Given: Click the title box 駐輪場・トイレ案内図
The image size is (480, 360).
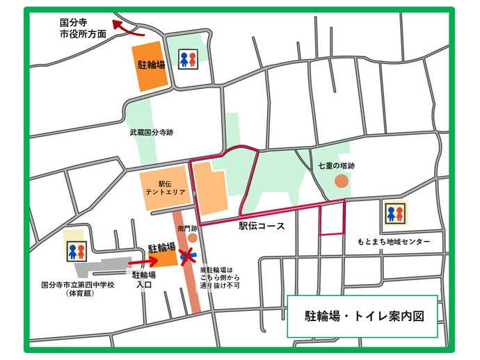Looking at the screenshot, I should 362,316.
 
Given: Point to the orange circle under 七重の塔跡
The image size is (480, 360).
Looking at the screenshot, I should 341,181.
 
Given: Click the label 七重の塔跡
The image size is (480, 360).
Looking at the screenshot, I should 337,165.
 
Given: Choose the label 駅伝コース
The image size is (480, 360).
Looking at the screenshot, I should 262,227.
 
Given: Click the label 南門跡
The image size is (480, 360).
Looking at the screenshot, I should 188,227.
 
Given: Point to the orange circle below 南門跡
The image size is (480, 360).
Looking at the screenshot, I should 192,238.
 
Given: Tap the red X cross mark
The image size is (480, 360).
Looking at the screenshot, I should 186,256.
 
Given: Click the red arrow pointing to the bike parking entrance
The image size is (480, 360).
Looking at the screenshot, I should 141,261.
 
